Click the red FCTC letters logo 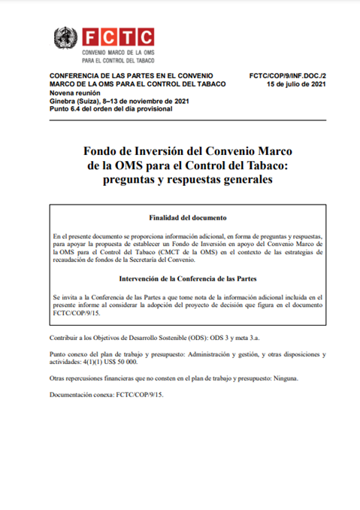118,36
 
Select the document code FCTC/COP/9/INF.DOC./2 287,76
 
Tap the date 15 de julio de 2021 297,84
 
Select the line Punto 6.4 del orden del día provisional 110,109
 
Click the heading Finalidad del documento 187,218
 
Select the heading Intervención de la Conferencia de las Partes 187,279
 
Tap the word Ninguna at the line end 286,378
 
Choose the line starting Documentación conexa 106,395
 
